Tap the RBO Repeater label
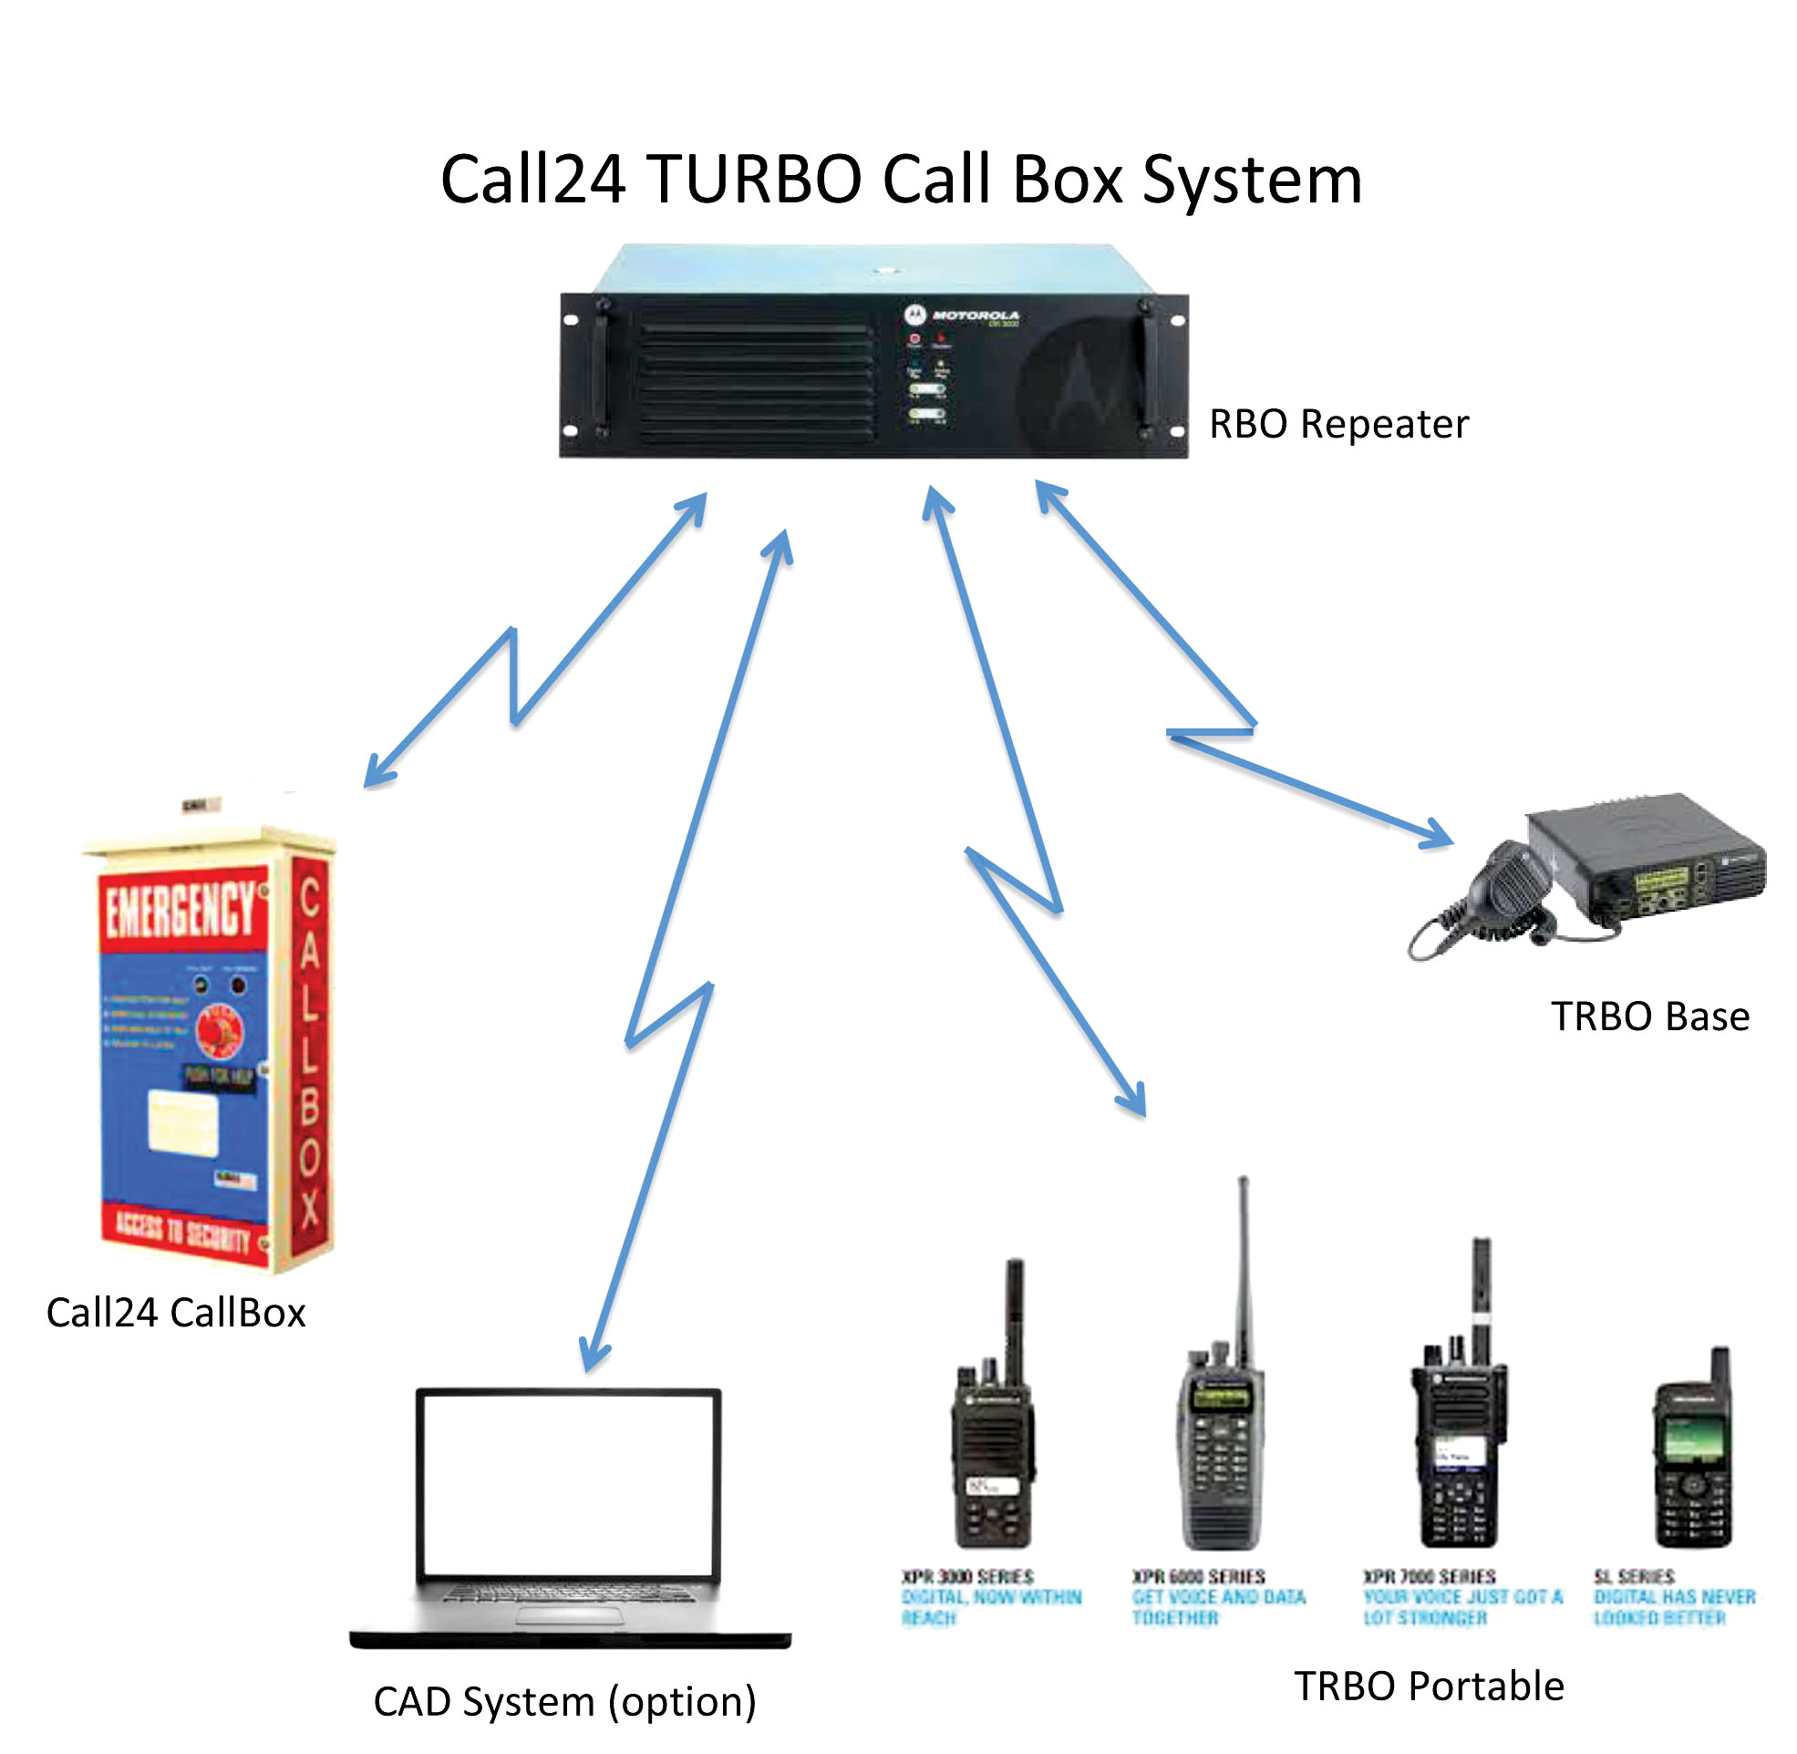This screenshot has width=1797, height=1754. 1337,425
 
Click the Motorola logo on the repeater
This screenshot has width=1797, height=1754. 914,315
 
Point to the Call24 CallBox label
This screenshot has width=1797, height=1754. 176,1313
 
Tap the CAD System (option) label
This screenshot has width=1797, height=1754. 564,1701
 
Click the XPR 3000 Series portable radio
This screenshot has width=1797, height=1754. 993,1456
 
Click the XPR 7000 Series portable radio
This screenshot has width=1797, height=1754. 1459,1446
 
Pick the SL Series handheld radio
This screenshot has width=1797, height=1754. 1693,1465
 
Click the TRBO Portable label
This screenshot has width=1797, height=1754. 1429,1687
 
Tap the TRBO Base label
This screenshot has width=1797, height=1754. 1648,1017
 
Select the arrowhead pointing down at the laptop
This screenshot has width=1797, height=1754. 594,1356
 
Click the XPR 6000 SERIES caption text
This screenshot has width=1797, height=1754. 1197,1577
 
